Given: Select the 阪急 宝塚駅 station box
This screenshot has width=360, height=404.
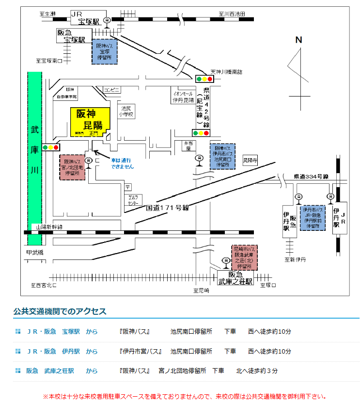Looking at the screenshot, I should click(71, 35).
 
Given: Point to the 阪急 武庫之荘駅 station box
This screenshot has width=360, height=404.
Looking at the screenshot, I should click(235, 277).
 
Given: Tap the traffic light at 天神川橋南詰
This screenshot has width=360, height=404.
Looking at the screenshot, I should click(204, 79).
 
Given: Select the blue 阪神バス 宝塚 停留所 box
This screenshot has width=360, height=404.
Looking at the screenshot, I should click(105, 51).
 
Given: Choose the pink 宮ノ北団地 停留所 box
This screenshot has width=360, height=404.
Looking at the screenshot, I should click(72, 168).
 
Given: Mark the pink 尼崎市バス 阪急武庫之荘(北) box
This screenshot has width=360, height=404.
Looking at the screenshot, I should click(245, 258).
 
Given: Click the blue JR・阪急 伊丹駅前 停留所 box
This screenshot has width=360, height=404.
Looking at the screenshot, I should click(313, 217).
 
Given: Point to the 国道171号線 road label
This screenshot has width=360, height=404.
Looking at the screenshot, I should click(167, 208).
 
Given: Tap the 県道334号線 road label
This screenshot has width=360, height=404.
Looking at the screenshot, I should click(311, 177).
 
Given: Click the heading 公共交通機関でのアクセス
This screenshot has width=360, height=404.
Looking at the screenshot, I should click(60, 311).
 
